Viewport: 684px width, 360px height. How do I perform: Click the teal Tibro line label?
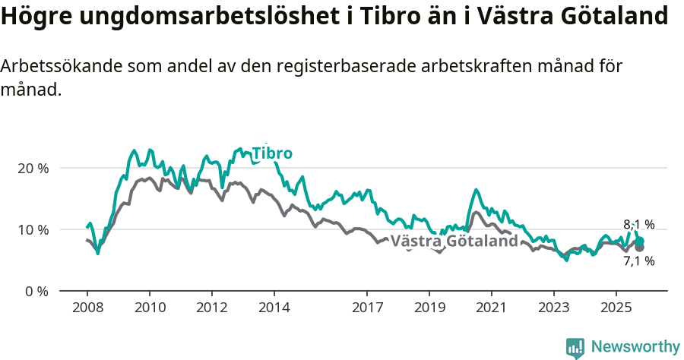point(272,153)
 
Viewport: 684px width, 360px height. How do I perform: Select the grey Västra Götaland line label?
point(459,242)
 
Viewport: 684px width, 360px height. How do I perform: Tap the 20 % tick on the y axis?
point(33,168)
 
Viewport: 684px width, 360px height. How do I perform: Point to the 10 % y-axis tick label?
point(33,229)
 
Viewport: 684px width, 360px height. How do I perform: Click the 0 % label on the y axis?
point(36,291)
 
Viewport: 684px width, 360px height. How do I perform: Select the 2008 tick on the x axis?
point(87,308)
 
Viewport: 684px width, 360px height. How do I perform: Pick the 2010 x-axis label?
point(150,308)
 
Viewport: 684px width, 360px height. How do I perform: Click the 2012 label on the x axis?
point(211,308)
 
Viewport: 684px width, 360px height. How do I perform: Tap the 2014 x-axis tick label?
point(274,308)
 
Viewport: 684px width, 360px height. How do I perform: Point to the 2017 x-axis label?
point(367,308)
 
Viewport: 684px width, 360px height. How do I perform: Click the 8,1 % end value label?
point(638,225)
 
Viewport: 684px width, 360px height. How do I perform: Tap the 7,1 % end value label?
point(638,261)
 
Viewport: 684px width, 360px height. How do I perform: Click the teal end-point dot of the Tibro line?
point(640,241)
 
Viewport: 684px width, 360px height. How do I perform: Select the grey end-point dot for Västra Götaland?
point(640,248)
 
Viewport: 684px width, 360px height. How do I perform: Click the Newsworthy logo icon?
point(575,348)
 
